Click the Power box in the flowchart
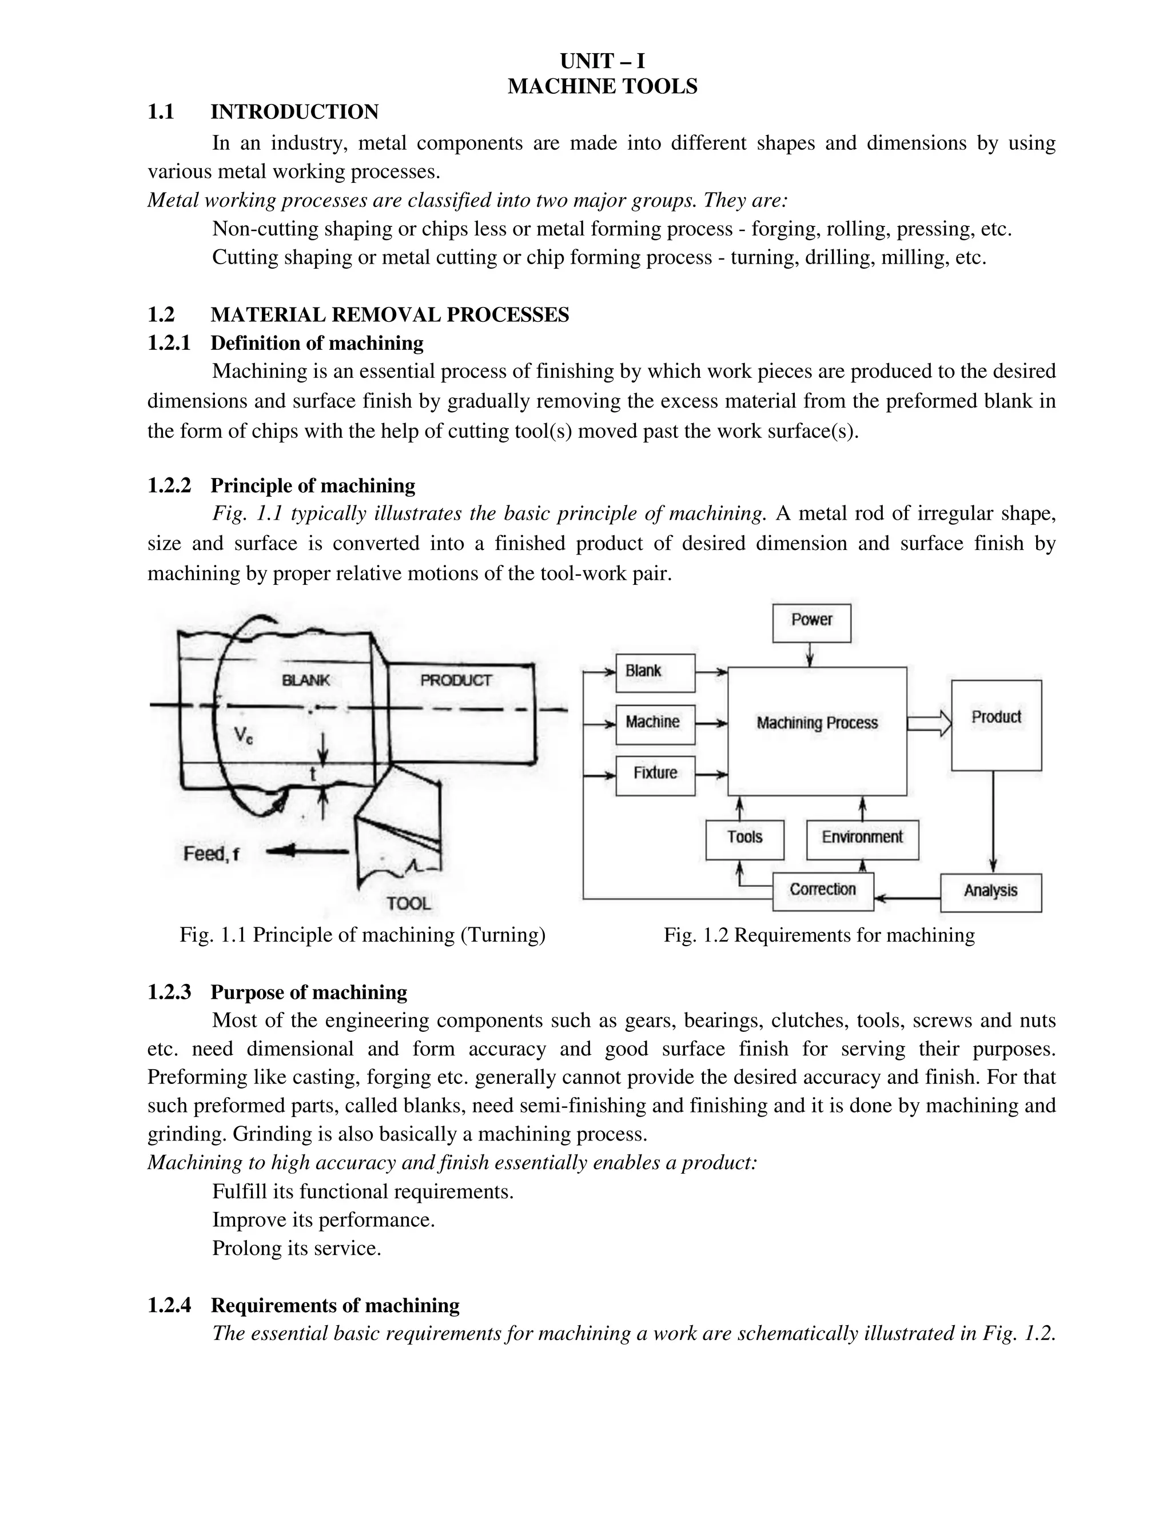click(x=811, y=622)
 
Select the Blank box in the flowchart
click(x=655, y=672)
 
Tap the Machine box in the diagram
click(x=655, y=724)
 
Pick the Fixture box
click(x=655, y=775)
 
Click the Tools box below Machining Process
click(x=744, y=839)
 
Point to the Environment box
click(x=862, y=839)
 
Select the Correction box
click(x=823, y=891)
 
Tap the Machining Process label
click(x=816, y=724)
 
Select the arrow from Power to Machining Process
click(x=810, y=654)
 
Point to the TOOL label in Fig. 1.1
click(x=409, y=903)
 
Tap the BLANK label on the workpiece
click(x=305, y=680)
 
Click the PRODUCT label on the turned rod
click(x=456, y=680)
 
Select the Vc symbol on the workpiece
click(x=243, y=735)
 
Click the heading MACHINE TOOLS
click(x=602, y=87)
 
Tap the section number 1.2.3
click(x=169, y=992)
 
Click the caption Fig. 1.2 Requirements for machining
click(x=819, y=936)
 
